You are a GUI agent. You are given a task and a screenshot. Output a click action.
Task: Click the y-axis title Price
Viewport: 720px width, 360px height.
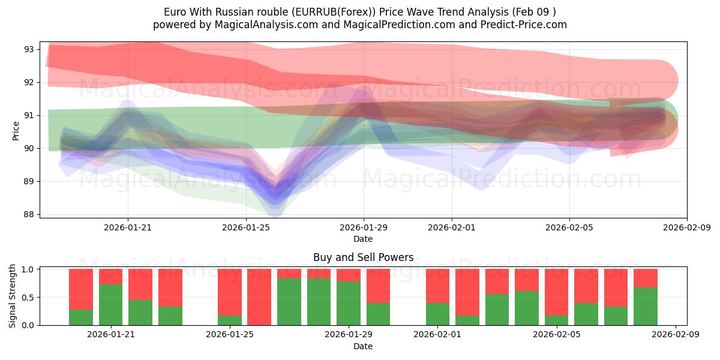(x=16, y=130)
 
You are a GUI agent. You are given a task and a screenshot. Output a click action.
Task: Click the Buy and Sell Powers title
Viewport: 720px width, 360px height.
(x=363, y=257)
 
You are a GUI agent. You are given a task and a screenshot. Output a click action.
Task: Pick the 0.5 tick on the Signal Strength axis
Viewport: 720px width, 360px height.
(x=29, y=298)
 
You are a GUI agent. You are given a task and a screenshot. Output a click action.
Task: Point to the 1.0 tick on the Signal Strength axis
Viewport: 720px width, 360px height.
(x=29, y=269)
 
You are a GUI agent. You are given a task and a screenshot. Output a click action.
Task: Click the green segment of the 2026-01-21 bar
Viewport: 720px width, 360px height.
(x=110, y=305)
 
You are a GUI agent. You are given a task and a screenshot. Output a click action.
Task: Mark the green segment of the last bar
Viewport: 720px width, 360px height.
(x=645, y=306)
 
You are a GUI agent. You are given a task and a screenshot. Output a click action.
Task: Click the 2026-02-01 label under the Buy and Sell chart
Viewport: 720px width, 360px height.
(x=438, y=335)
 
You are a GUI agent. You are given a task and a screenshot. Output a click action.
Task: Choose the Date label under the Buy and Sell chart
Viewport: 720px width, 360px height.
(x=363, y=346)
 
